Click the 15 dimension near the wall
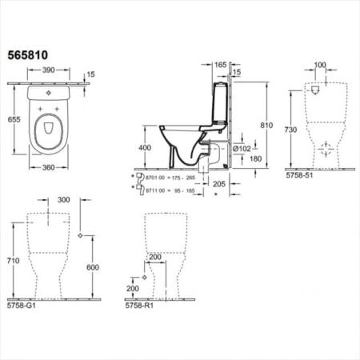click(x=92, y=74)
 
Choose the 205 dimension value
click(x=219, y=183)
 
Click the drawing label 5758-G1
click(x=21, y=306)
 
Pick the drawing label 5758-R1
click(x=138, y=306)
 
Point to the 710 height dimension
click(x=13, y=261)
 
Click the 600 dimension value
click(x=94, y=267)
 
